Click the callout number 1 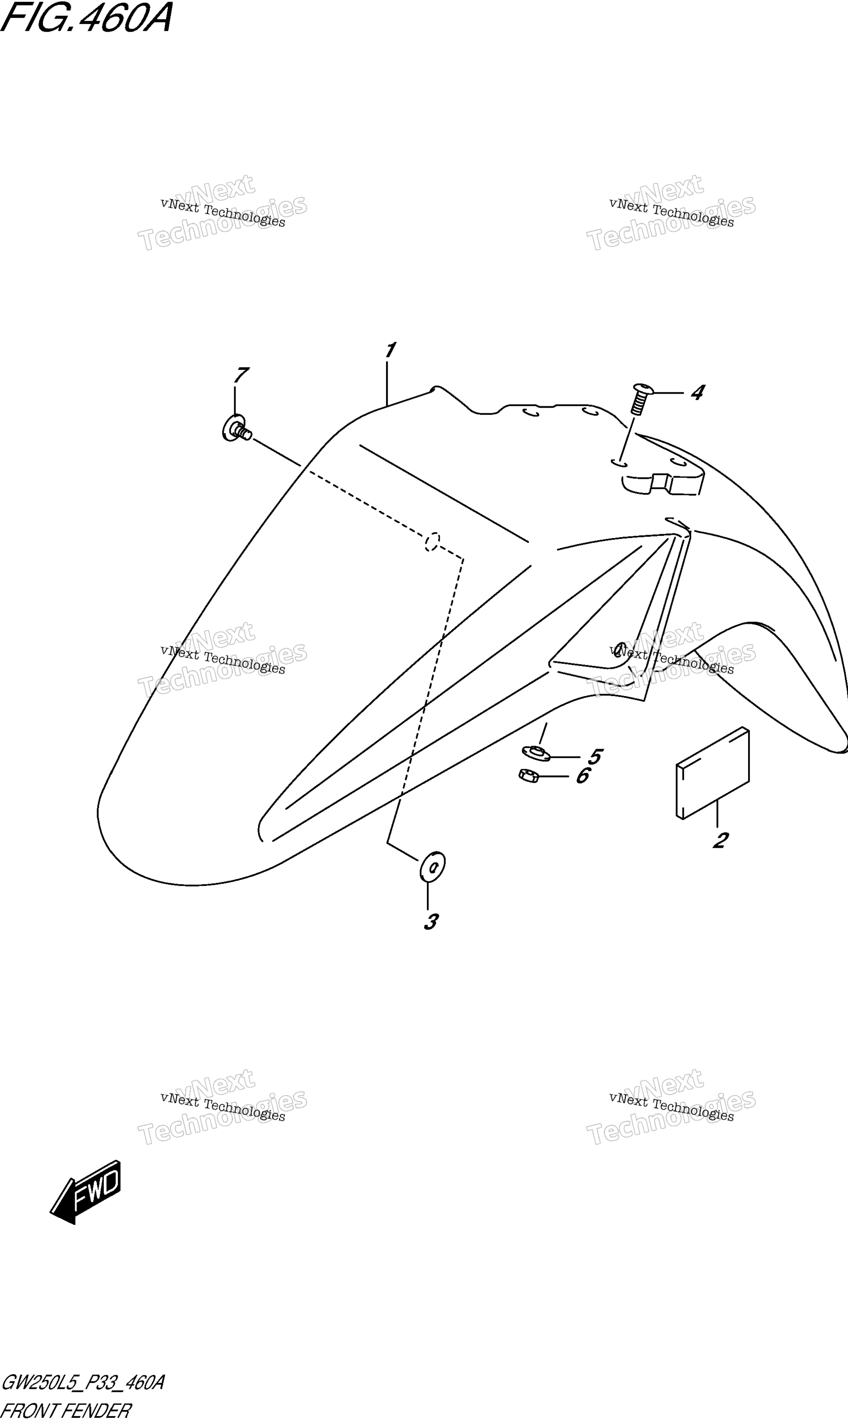tap(391, 350)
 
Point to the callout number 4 tap(697, 392)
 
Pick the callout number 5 tap(595, 757)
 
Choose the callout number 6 tap(583, 776)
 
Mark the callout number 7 tap(241, 375)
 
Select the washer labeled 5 tap(535, 753)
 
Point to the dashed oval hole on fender tap(432, 541)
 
